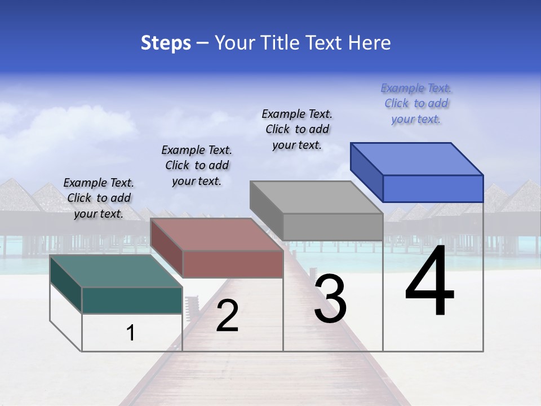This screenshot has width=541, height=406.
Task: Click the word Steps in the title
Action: (166, 43)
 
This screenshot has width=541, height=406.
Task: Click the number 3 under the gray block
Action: (330, 298)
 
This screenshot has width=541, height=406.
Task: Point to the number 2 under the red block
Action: (227, 315)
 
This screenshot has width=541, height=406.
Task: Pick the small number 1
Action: (131, 333)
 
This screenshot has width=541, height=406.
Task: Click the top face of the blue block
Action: (417, 158)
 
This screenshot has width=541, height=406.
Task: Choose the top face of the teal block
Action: (116, 271)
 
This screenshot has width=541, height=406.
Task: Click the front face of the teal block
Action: (132, 300)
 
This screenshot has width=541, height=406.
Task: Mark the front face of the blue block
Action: (433, 188)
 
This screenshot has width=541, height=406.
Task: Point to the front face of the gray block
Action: (332, 227)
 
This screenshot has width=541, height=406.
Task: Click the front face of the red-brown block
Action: (233, 264)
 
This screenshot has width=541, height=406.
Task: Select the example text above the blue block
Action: (416, 104)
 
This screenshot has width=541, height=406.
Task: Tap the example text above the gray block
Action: (297, 130)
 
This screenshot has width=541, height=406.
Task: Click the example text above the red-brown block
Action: (197, 165)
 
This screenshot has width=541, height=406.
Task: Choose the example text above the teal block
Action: (99, 198)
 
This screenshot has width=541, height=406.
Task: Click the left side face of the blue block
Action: (366, 171)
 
